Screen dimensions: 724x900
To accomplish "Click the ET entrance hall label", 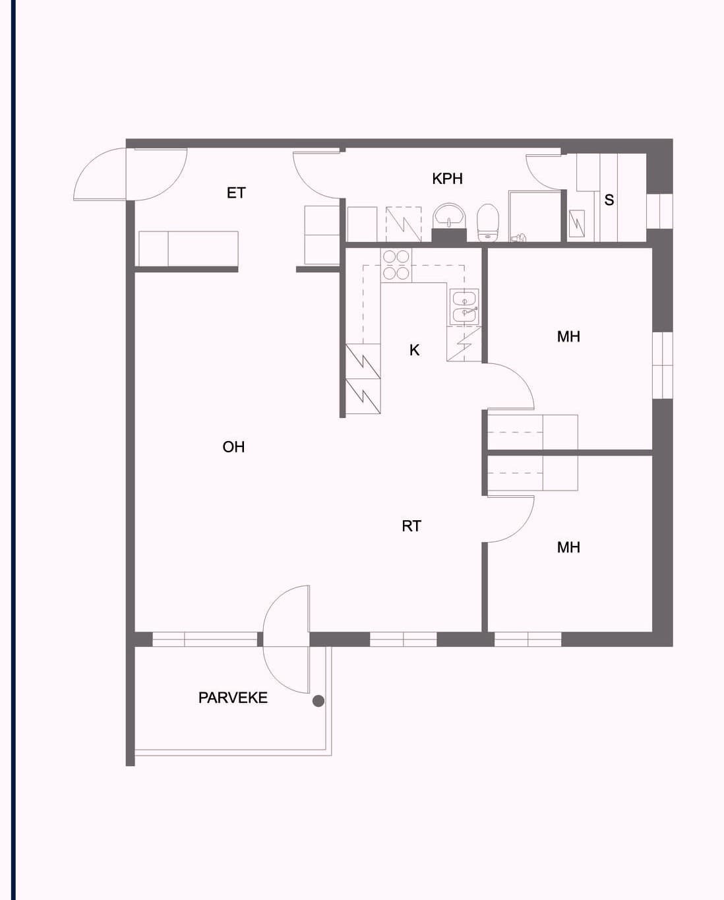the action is tap(236, 193).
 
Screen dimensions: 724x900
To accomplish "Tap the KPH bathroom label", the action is tap(447, 179).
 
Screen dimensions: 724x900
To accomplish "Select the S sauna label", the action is tap(609, 200).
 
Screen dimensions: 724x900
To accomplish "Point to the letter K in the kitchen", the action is tap(414, 350).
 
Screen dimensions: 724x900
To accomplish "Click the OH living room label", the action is tap(233, 447).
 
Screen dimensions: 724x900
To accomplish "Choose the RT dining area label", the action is tap(411, 526).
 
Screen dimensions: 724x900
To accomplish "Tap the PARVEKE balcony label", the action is tap(233, 698).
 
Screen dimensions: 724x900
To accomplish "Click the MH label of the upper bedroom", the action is tap(568, 337).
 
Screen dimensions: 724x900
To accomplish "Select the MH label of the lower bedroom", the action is tap(568, 547).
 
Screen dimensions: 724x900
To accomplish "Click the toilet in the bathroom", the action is tap(488, 222).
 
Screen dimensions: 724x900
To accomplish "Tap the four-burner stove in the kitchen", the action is tap(396, 265).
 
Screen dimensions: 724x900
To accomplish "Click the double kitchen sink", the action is tap(465, 307).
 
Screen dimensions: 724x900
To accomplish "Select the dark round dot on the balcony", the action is tap(318, 701).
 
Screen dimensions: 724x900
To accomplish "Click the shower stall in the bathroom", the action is tap(535, 216).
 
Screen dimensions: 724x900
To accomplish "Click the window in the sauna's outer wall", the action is tap(659, 211).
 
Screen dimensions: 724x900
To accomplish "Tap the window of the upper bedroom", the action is tap(663, 365).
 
